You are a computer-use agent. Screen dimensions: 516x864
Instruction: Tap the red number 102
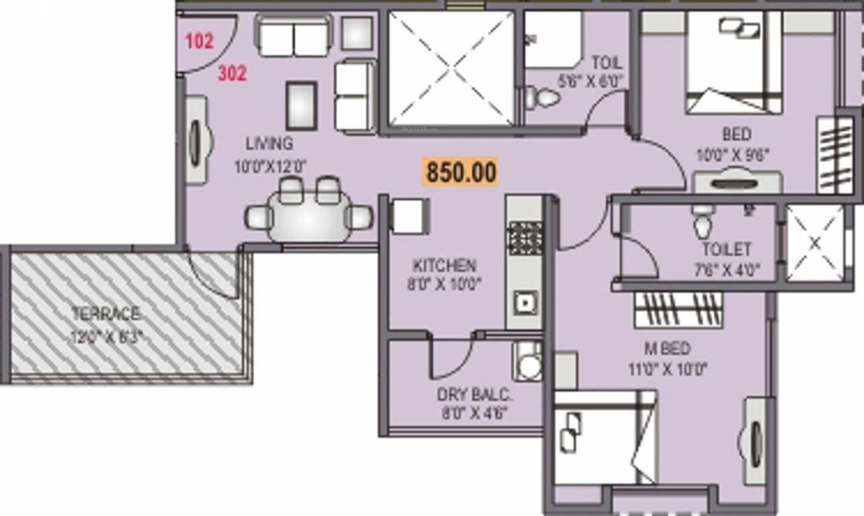tap(199, 41)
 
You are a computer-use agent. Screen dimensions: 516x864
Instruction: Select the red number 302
tap(232, 74)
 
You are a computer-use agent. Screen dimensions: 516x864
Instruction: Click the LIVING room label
tap(269, 143)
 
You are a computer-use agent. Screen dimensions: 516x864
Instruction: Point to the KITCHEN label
tap(444, 265)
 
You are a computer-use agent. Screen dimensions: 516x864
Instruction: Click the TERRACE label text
tap(106, 314)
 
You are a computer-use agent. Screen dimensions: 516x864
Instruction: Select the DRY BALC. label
tap(473, 394)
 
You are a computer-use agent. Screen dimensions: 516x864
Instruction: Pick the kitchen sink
tap(524, 304)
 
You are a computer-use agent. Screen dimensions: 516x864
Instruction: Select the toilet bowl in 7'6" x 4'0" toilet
tap(703, 223)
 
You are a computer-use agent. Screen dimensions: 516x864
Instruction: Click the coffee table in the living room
tap(301, 105)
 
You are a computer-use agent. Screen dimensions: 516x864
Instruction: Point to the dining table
tap(309, 217)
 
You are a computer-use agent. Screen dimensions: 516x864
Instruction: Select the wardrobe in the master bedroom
tap(678, 310)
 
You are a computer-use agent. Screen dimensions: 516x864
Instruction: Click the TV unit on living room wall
tap(196, 140)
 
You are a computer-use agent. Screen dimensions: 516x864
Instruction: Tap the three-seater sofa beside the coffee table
tap(355, 95)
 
